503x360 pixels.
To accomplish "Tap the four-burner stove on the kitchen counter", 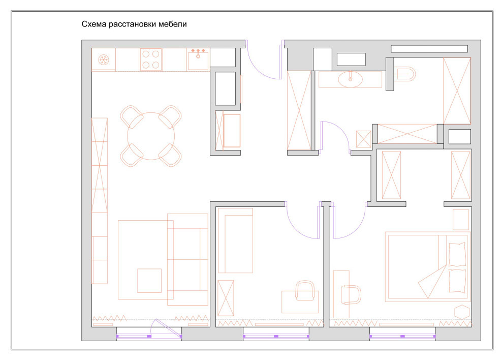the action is click(x=151, y=59).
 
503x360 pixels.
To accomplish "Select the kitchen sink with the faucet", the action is click(x=198, y=59).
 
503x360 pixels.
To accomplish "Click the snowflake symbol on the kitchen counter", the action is click(x=104, y=59).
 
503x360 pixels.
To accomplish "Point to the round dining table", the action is click(x=151, y=136).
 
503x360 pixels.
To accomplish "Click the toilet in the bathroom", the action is click(x=405, y=74).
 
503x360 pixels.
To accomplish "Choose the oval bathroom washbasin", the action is click(x=350, y=79).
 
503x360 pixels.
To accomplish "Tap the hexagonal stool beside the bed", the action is click(x=462, y=312).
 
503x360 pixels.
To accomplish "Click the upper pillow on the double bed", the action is click(x=457, y=255).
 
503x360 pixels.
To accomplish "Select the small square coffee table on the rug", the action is click(x=149, y=281).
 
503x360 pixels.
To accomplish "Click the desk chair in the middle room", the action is click(x=305, y=291).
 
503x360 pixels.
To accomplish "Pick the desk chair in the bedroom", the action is click(x=351, y=294).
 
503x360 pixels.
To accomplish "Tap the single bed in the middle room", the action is click(x=235, y=241).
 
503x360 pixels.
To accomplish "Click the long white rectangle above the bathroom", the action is click(x=429, y=48).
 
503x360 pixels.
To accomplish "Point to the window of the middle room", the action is click(x=276, y=336).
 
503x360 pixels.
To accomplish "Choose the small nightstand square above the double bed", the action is click(x=461, y=220).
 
